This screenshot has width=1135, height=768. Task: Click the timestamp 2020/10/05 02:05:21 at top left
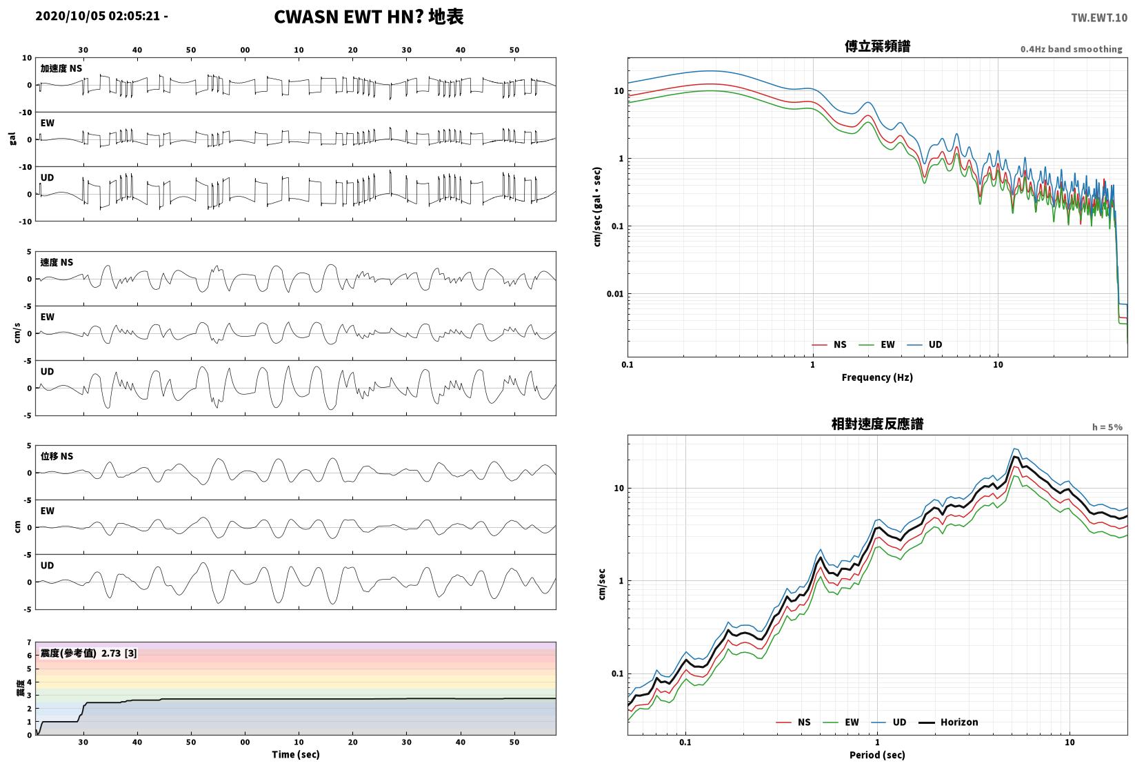click(x=98, y=16)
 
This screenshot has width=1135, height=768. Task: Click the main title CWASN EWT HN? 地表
click(x=368, y=17)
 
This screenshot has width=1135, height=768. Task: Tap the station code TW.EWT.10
click(x=1099, y=18)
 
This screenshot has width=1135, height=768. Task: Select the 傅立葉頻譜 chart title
click(x=877, y=46)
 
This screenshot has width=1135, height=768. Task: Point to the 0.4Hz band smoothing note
click(x=1071, y=49)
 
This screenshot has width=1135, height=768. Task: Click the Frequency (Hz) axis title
click(x=877, y=377)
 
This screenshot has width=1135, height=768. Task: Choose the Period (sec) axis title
click(x=877, y=755)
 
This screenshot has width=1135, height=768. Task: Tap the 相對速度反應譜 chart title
click(x=877, y=424)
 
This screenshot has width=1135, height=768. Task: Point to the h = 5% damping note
click(x=1107, y=427)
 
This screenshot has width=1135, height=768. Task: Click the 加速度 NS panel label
click(x=61, y=68)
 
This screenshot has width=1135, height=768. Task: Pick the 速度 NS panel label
click(x=57, y=262)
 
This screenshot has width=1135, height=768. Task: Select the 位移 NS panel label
click(x=57, y=456)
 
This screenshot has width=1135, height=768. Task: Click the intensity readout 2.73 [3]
click(x=119, y=653)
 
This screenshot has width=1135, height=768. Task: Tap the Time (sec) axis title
click(x=295, y=754)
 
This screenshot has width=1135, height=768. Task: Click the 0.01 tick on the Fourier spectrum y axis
click(x=615, y=294)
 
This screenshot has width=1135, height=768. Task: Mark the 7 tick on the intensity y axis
click(x=30, y=642)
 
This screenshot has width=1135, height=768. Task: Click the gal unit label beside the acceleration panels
click(x=12, y=139)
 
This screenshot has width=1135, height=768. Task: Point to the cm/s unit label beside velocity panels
click(x=17, y=333)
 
